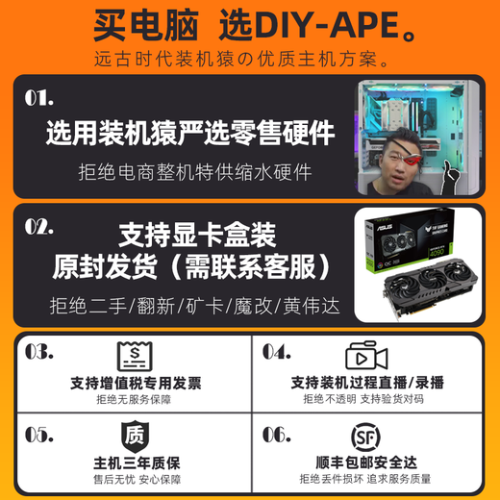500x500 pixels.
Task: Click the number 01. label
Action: coord(39,98)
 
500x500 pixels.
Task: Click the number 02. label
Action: coord(39,227)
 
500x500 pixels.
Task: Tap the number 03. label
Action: coord(39,352)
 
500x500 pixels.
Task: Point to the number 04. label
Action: coord(276,352)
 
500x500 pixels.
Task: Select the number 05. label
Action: coord(39,435)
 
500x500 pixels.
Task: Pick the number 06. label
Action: coord(276,435)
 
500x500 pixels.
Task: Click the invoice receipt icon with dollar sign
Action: coord(136,355)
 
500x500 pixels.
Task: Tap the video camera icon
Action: coord(366,355)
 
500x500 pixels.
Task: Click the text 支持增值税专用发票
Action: coord(136,383)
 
